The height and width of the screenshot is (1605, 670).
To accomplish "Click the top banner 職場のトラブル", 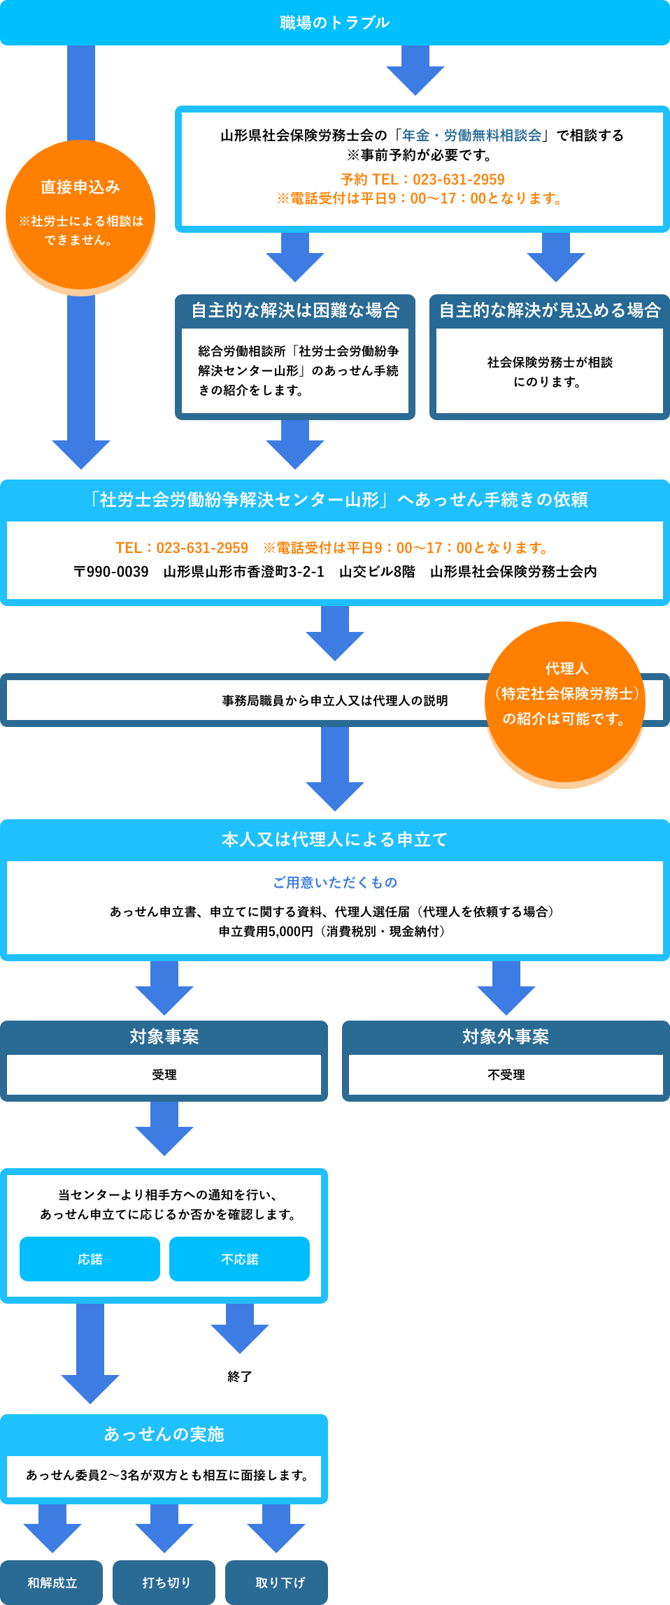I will coord(334,22).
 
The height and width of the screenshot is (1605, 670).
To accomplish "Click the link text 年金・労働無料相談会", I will coord(472,136).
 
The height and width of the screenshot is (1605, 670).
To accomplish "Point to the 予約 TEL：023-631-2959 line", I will coord(422,180).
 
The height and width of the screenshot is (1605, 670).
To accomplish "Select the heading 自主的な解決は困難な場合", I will coord(295,310).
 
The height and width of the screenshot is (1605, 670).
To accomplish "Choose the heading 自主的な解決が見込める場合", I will coord(550,310).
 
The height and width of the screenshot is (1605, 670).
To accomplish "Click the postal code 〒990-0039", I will coord(111,572).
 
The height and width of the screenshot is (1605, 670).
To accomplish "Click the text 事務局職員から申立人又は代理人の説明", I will coord(334,700).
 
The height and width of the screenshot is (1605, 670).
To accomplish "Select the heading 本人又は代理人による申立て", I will coord(334,840).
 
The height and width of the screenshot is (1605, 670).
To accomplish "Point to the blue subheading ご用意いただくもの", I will coord(334,883).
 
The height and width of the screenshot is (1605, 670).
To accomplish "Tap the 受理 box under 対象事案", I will coord(164,1074).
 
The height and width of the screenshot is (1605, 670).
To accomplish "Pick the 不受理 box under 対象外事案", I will coord(506,1074).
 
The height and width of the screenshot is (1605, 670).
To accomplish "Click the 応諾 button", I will coord(90,1259).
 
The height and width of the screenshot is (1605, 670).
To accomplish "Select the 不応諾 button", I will coord(239,1259).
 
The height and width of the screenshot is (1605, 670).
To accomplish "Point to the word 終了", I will coord(239,1376).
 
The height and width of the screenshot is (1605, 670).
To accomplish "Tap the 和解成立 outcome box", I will coord(52,1583).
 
